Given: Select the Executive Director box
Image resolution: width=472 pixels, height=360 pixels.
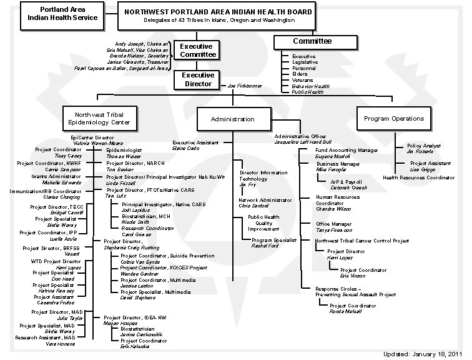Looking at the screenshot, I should click(198, 79).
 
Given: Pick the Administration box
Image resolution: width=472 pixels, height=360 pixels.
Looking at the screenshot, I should click(232, 119).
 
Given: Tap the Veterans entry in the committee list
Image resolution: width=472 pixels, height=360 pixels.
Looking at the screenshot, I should click(303, 80).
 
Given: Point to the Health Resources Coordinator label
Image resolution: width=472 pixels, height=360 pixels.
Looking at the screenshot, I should click(418, 177).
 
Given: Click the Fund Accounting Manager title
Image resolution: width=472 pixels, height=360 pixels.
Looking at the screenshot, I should click(347, 151).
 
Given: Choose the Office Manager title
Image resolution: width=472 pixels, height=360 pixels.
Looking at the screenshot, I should click(333, 224).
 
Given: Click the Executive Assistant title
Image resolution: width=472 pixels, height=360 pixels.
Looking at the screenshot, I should click(195, 143).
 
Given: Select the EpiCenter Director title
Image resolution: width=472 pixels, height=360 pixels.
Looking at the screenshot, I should click(92, 137).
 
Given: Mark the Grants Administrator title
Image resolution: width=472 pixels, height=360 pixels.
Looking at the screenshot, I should click(58, 176).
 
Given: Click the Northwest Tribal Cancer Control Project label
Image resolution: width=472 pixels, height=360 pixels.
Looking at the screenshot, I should click(361, 241).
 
